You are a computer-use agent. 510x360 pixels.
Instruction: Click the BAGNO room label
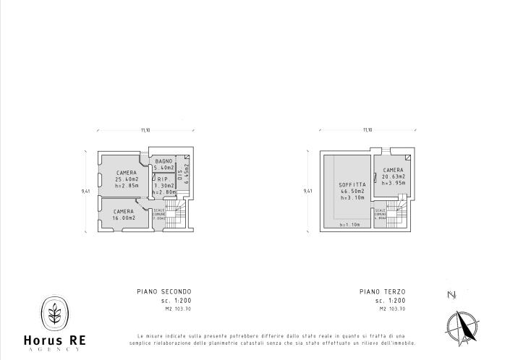[x=163, y=160]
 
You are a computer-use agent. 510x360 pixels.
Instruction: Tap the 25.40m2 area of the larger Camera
[x=127, y=179]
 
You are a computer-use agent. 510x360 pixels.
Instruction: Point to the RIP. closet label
[x=163, y=179]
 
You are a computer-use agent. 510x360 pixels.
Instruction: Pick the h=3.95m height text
[x=394, y=183]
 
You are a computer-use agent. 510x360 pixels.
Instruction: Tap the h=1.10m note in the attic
[x=349, y=224]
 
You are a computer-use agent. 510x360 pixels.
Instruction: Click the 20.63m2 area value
[x=394, y=176]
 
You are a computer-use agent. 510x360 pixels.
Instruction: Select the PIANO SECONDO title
[x=164, y=291]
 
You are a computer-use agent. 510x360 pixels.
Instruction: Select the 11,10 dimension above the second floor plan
[x=145, y=131]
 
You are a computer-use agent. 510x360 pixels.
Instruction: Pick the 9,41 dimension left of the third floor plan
[x=308, y=191]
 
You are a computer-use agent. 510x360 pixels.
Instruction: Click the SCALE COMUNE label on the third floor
[x=380, y=214]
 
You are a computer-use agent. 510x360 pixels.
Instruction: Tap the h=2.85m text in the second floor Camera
[x=127, y=186]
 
